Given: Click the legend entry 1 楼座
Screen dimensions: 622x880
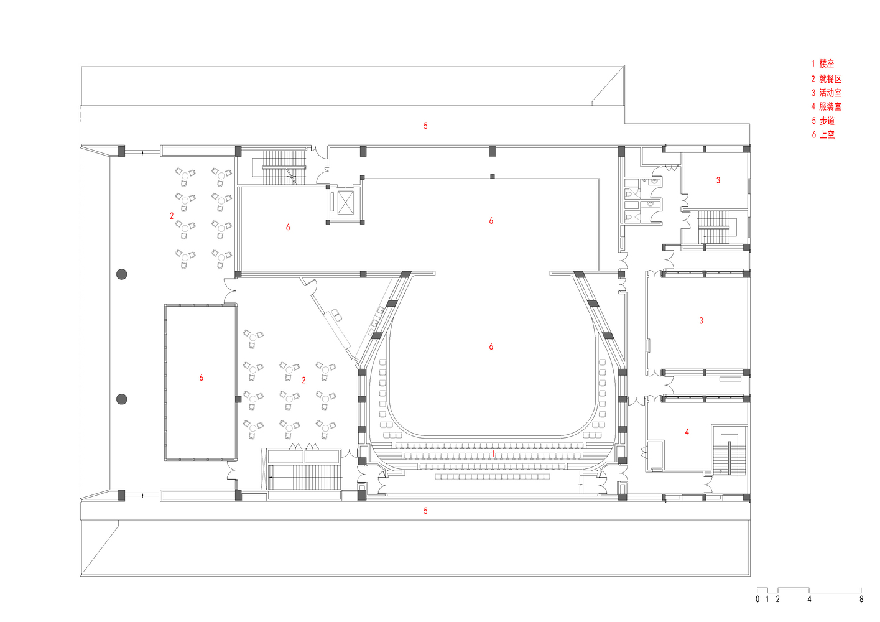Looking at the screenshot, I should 823,63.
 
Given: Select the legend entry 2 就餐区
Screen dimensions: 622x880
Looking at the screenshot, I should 826,79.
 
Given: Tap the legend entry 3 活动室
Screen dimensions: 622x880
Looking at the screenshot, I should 826,93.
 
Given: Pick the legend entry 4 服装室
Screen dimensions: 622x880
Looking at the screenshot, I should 826,106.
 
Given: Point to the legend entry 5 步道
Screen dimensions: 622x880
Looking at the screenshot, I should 823,121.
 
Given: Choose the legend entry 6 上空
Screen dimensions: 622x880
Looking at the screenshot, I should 823,134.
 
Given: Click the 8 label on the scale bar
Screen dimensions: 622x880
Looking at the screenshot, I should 861,600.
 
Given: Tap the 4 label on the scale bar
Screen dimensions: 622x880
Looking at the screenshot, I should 809,600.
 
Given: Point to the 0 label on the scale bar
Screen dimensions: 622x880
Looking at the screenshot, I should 757,600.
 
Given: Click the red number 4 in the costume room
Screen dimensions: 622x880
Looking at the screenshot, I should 687,432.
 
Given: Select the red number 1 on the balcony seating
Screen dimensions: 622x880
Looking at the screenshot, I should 493,453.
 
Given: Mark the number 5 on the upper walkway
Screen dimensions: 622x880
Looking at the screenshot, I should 425,126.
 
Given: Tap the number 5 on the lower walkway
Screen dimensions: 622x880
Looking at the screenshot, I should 425,511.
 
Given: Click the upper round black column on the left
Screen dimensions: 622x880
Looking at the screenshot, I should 122,274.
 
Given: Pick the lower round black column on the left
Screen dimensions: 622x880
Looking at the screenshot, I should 122,399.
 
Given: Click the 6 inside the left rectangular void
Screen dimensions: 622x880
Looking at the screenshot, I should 201,378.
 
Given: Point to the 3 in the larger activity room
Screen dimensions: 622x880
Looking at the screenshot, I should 701,320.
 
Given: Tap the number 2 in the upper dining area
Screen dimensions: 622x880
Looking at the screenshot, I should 172,216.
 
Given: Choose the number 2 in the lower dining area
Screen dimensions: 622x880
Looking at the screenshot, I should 303,380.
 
